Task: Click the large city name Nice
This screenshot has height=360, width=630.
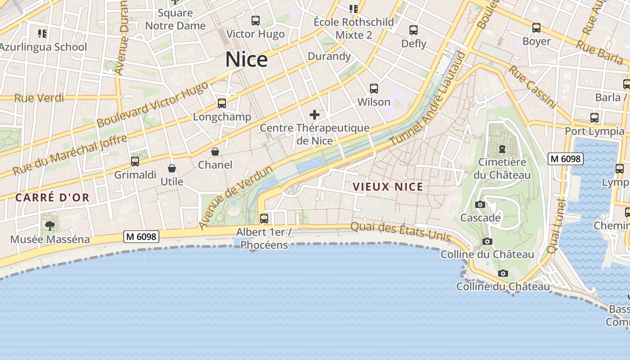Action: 246,59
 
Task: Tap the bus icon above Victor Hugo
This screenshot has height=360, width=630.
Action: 256,21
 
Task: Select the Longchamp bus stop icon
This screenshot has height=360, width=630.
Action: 222,103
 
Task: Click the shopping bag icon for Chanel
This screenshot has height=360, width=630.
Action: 215,152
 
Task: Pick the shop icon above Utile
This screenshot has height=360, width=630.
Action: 172,169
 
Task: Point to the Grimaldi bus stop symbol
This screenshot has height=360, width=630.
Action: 135,162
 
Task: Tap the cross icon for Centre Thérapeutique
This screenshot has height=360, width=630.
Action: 315,115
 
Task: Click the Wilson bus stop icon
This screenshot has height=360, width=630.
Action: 374,89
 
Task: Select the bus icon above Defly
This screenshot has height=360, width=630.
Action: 414,31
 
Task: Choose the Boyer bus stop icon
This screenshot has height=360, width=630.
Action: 536,28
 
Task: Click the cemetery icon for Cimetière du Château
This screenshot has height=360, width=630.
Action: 502,149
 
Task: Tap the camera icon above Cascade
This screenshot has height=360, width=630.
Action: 480,205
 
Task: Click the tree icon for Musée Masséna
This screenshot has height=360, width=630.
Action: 50,226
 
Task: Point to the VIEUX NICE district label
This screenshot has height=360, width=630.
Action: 388,187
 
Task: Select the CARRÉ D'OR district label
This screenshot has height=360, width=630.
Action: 52,197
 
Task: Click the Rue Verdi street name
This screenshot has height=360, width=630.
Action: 39,98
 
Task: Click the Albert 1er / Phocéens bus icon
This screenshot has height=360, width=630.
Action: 264,219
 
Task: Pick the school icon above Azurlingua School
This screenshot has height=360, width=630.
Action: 43,33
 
